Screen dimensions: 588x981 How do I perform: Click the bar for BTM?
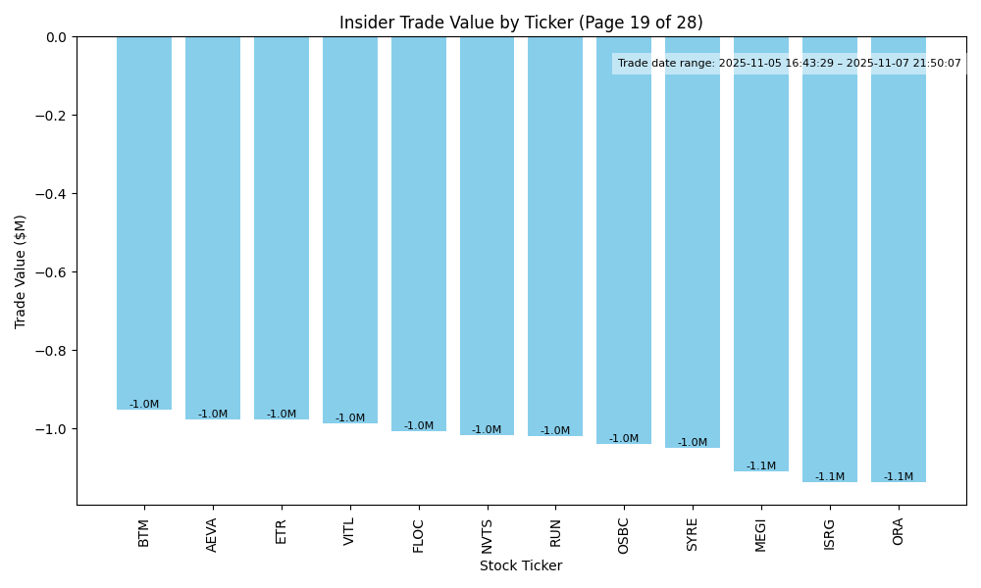point(144,223)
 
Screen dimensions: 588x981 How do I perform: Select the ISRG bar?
point(830,260)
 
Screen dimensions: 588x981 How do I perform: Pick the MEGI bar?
point(761,255)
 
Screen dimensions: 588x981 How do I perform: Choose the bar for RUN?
point(555,236)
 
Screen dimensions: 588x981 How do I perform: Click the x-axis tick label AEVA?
point(213,533)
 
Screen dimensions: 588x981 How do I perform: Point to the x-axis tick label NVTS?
point(488,534)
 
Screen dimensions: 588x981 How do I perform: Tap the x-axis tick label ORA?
point(899,531)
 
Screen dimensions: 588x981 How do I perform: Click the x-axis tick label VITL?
point(350,532)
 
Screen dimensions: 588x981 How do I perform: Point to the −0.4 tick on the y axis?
point(54,194)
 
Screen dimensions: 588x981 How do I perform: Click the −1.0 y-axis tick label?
point(54,429)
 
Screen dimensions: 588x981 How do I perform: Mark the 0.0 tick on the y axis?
point(57,37)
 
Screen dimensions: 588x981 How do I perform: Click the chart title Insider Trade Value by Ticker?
point(521,23)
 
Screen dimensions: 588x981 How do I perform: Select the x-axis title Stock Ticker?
point(521,565)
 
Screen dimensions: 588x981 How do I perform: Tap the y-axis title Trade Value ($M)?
point(20,270)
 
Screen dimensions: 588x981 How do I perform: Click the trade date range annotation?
point(790,64)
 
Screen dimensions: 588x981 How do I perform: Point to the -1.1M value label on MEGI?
point(761,466)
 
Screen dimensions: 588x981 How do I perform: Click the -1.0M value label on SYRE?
point(693,443)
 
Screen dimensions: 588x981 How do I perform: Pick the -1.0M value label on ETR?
point(282,415)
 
